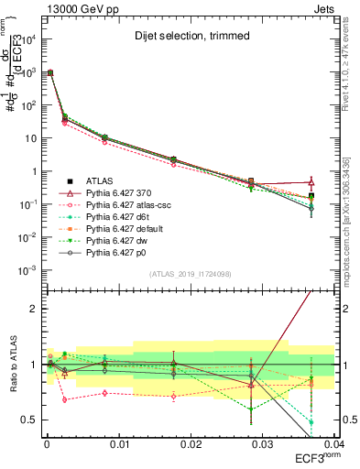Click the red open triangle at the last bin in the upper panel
311,181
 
